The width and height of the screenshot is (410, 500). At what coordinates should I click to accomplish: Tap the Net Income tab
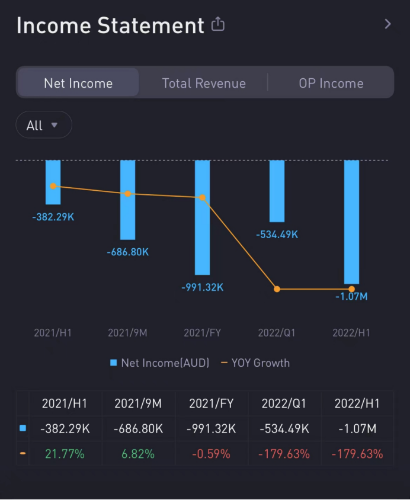coord(78,84)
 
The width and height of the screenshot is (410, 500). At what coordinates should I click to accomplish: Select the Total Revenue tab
coord(204,84)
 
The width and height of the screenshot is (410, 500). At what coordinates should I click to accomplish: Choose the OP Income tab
coord(331,84)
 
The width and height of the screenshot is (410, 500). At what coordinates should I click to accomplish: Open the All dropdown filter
coord(43,125)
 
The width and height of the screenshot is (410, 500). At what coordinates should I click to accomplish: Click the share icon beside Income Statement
coord(218,24)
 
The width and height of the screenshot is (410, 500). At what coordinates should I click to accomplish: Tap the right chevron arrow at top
coord(387,24)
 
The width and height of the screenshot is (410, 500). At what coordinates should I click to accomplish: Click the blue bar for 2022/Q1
coord(277,191)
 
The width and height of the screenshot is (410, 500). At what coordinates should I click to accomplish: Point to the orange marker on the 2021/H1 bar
coord(53,186)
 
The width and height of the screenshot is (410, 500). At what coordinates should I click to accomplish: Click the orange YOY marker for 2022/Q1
coord(277,289)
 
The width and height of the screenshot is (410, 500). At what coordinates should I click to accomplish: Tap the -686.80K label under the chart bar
coord(127,252)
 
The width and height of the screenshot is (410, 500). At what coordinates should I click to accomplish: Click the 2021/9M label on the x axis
coord(127,332)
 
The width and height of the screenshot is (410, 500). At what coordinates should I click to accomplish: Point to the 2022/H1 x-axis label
coord(351,332)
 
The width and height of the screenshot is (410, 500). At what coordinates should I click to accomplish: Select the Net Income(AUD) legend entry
coord(159,363)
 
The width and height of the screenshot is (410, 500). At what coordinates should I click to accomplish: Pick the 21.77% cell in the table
coord(65,454)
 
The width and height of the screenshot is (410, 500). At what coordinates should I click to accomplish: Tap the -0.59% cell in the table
coord(211,454)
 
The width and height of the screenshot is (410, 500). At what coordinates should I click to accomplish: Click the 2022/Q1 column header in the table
coord(284,403)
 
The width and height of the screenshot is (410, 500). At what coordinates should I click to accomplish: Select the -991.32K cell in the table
coord(211,428)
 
